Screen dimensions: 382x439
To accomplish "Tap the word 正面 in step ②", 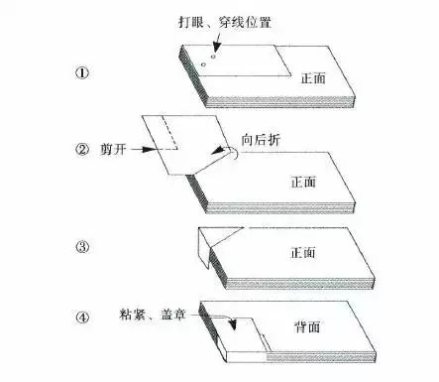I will click(x=303, y=182).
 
